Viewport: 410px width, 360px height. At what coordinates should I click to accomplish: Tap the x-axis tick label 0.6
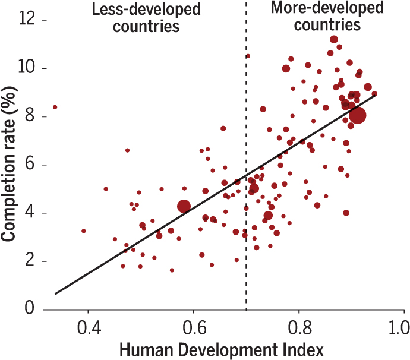point(193,328)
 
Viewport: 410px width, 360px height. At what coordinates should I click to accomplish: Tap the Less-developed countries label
point(145,18)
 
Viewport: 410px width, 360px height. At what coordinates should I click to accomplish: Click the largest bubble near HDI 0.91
point(357,115)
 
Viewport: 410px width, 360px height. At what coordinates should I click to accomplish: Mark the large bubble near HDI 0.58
point(184,206)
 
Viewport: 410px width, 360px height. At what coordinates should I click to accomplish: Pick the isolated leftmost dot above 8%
point(55,107)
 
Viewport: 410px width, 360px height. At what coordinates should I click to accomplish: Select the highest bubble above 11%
point(334,39)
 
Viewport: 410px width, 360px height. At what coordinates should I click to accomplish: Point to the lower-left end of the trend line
point(55,293)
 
